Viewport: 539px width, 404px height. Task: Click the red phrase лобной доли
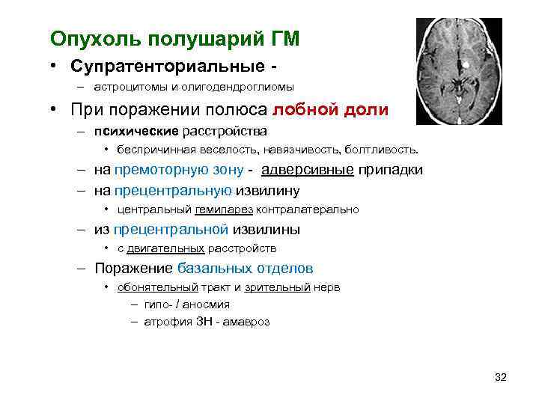point(330,110)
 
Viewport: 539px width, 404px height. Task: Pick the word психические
point(136,132)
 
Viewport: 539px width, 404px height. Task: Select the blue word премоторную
point(164,170)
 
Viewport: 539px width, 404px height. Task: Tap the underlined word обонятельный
point(157,287)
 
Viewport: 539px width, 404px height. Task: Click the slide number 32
point(501,377)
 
